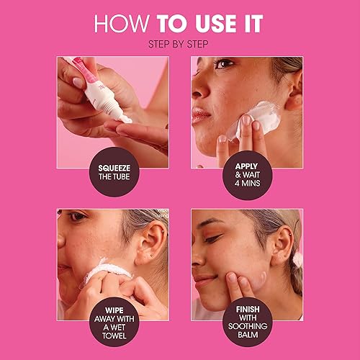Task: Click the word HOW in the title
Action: (x=120, y=23)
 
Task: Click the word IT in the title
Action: (x=252, y=23)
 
